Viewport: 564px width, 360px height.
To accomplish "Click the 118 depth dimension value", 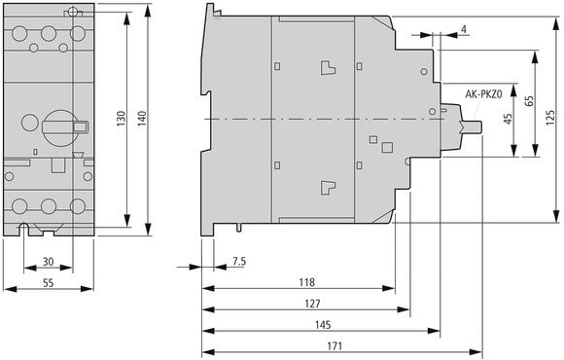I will click(x=306, y=282).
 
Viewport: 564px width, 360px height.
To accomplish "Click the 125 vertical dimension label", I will click(x=549, y=118).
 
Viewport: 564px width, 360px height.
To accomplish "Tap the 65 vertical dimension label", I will click(x=528, y=101).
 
